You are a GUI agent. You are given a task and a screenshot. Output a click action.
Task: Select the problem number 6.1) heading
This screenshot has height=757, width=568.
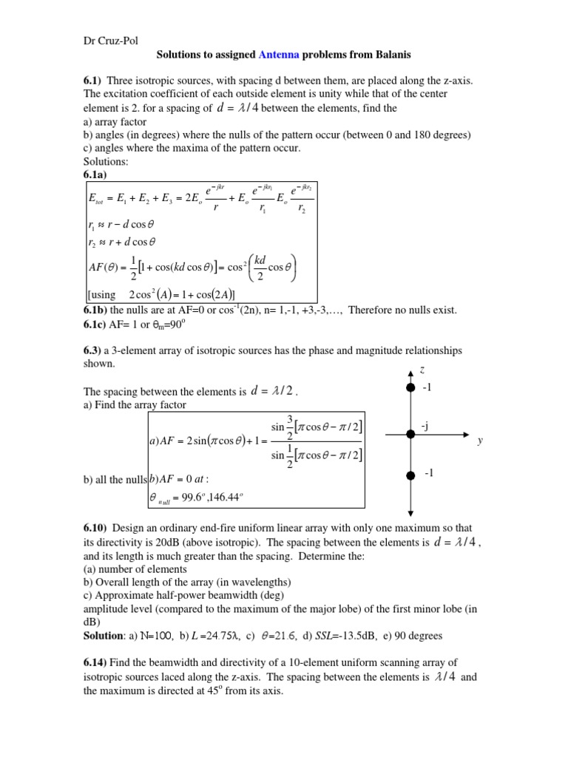click(x=95, y=80)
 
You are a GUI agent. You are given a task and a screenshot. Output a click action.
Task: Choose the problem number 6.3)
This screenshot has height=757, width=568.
click(x=95, y=350)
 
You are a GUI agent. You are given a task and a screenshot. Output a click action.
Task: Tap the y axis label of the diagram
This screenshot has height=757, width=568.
click(x=479, y=441)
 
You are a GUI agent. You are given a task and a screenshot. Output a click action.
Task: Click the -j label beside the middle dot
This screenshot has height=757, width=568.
click(x=425, y=427)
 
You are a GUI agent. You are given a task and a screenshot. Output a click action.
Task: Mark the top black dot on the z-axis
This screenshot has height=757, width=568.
click(x=410, y=388)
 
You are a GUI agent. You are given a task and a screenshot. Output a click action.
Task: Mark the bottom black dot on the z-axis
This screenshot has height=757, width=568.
click(x=410, y=477)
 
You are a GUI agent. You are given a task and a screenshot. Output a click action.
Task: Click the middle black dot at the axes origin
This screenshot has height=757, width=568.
click(x=410, y=432)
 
